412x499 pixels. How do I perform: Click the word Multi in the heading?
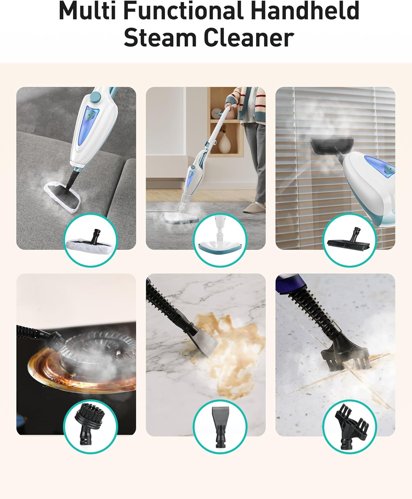(x=87, y=11)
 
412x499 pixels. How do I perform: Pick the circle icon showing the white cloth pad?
(x=90, y=241)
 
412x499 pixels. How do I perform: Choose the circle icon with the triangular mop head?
(x=220, y=241)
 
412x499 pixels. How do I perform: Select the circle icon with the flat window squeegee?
(x=349, y=241)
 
